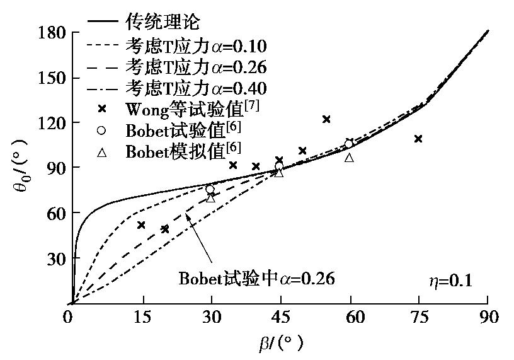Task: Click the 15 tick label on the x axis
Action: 143,317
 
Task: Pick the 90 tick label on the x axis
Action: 488,317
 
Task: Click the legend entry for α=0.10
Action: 195,47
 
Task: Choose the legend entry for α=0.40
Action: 195,88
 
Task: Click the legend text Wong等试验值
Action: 191,108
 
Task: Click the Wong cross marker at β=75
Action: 418,139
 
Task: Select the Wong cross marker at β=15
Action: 141,225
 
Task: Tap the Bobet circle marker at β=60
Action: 349,144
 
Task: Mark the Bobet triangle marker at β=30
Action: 210,198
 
